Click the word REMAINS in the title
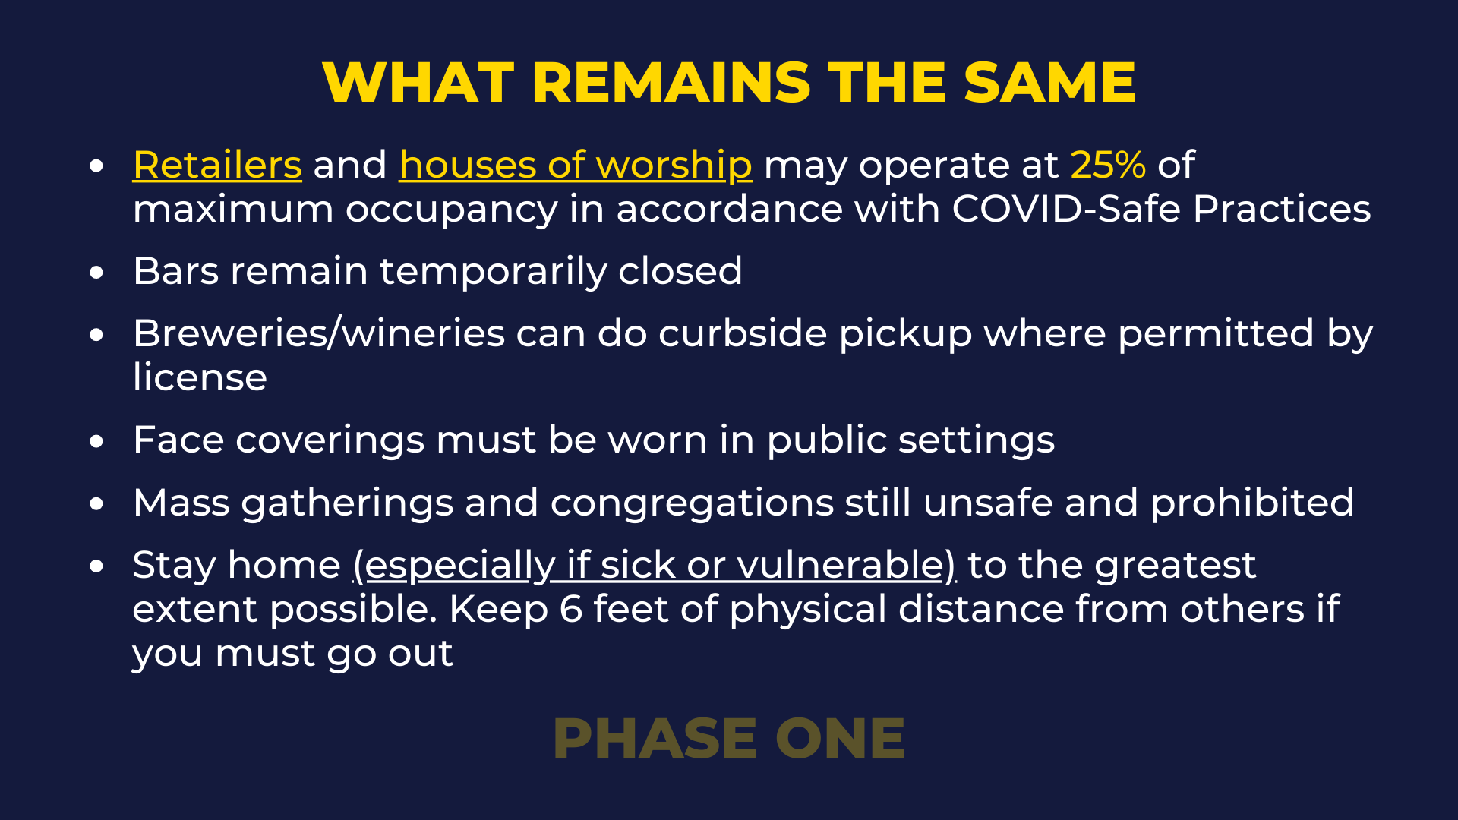pos(671,82)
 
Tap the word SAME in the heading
pos(1050,82)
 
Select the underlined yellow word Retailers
pos(217,165)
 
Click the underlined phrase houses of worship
pos(576,166)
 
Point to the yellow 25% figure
pos(1108,165)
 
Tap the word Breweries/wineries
pos(319,333)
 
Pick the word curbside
pos(743,333)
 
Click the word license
pos(200,377)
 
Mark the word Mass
pos(181,503)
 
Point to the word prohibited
pos(1252,503)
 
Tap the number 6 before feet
pos(571,610)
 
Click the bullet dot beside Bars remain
pos(96,273)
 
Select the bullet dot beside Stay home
pos(96,566)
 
